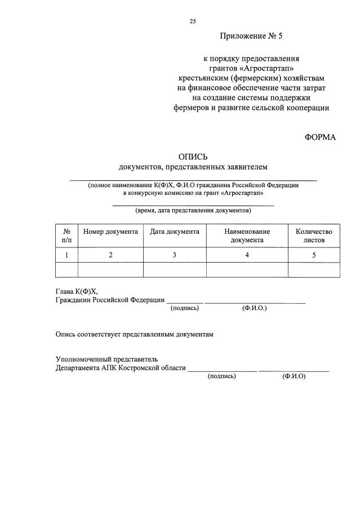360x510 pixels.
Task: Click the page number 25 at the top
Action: tap(193, 21)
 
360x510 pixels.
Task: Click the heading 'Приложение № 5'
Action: tap(251, 37)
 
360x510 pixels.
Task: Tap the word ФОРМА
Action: tap(320, 137)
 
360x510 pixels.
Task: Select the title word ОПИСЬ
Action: tap(193, 157)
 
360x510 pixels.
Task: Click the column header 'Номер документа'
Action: tap(110, 232)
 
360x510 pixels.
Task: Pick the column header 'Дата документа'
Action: tap(175, 232)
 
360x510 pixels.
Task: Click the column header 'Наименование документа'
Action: tap(247, 236)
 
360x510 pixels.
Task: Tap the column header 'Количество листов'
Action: tap(314, 236)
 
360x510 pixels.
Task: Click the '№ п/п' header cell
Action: tap(66, 236)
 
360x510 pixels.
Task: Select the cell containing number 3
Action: tap(175, 255)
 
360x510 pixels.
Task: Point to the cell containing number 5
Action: tap(314, 255)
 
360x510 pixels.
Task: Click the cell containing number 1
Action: tap(66, 255)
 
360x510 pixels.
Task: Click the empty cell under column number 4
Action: tap(247, 270)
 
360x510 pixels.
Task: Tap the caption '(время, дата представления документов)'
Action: tap(193, 211)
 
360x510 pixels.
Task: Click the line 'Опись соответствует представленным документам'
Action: tap(135, 334)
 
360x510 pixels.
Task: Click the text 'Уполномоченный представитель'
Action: tap(106, 359)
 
